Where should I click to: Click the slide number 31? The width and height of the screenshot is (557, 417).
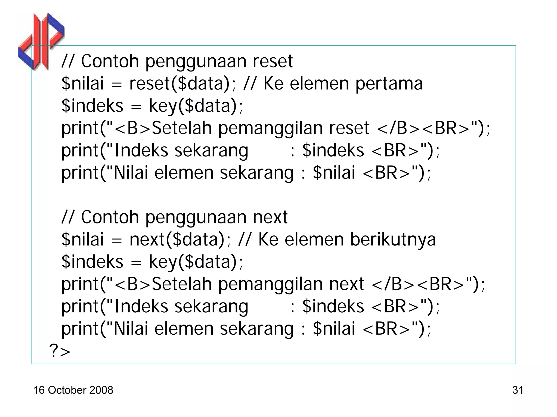[x=518, y=390]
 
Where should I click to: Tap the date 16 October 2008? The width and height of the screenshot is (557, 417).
[x=73, y=390]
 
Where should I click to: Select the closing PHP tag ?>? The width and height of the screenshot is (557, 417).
[x=60, y=351]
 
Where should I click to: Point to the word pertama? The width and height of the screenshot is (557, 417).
[x=389, y=84]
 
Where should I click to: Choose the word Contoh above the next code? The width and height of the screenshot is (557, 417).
[x=110, y=217]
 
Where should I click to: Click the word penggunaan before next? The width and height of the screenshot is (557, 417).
[x=196, y=218]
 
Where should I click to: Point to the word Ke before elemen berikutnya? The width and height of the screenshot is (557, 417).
[x=268, y=239]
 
